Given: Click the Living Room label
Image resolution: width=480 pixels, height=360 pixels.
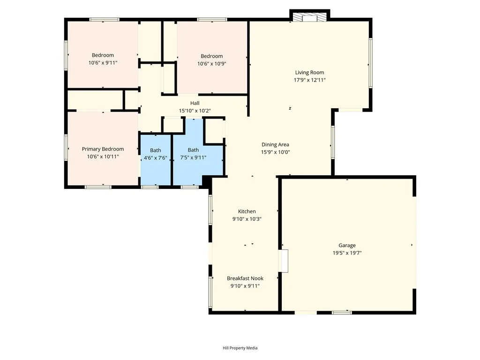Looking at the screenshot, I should point(309,72).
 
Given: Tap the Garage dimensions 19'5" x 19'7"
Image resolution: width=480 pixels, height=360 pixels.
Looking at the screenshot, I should point(347,253).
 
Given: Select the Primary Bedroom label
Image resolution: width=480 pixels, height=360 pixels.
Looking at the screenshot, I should point(103,149).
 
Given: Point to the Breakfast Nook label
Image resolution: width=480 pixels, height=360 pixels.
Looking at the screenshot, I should point(245,278).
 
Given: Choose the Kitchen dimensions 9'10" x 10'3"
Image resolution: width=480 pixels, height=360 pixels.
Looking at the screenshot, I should point(247,219).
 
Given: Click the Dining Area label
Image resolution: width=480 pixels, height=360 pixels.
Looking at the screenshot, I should point(275,144).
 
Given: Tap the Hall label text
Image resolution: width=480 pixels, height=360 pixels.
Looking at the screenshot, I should point(195,103).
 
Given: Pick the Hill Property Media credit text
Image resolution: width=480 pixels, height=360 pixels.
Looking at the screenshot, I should point(240,348).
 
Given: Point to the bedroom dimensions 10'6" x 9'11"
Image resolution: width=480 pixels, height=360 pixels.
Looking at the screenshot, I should point(103,62).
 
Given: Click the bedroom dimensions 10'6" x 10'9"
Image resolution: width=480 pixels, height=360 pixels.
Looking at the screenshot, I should point(212,64).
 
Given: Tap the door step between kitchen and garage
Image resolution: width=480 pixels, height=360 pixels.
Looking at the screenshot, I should point(283,261).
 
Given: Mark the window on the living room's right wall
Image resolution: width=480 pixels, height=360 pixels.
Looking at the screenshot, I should point(370,63).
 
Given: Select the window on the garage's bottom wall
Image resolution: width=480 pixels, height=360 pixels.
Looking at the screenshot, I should point(342,312).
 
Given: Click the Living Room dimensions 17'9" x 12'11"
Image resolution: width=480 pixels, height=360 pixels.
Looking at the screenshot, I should point(309,80).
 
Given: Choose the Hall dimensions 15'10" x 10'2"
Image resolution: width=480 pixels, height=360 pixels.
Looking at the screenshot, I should point(195,111).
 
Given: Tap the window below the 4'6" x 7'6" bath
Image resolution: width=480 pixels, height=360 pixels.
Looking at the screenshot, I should point(150,187).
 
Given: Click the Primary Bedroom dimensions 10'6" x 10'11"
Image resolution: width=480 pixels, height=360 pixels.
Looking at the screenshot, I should point(103,157).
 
